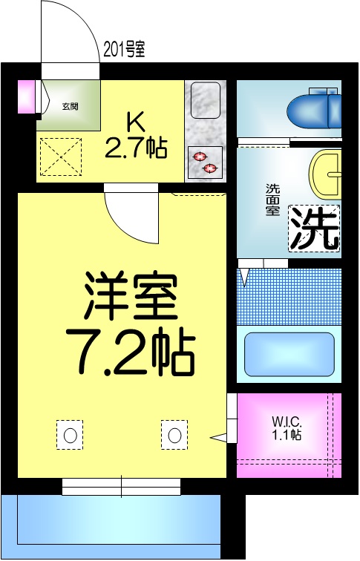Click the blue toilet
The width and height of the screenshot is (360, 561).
point(312,110)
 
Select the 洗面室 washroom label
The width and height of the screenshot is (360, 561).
point(272,199)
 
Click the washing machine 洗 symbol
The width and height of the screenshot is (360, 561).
point(314,228)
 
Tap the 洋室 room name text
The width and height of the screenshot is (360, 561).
point(131,295)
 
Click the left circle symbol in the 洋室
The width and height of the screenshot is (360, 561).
point(71,435)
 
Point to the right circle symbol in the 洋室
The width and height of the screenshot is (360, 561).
point(174,435)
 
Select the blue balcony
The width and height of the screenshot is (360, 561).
point(111,527)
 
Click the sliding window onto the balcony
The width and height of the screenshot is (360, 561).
point(121,487)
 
